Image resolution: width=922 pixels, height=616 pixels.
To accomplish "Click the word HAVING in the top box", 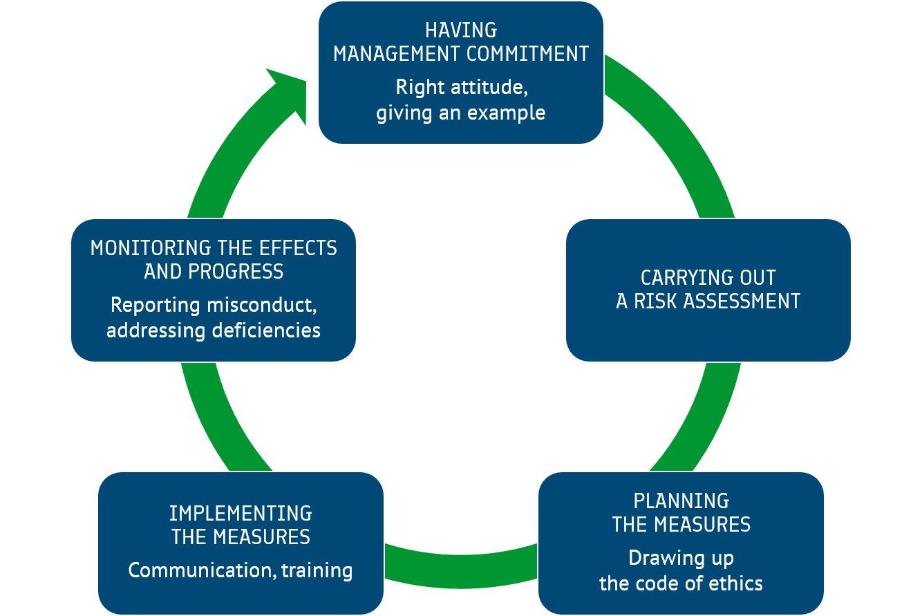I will coord(461,30).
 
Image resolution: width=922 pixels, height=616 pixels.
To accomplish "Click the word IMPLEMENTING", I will coord(241,514).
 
